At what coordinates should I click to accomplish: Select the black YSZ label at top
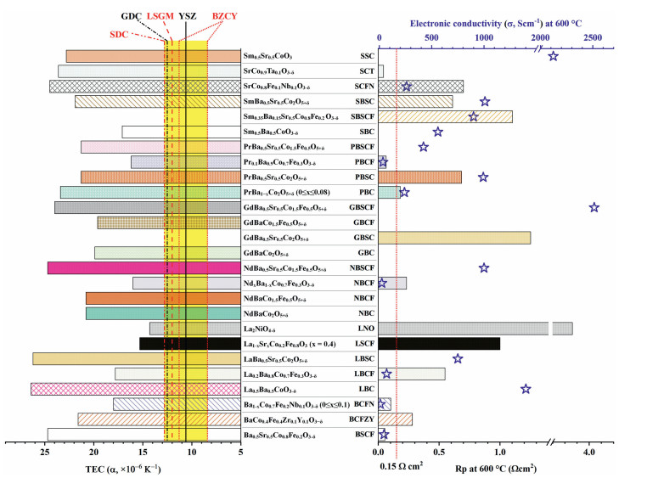(x=187, y=16)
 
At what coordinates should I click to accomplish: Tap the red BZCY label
(x=223, y=16)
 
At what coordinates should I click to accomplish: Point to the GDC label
(x=132, y=16)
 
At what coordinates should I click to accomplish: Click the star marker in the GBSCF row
(x=594, y=207)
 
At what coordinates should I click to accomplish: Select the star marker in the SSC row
(x=553, y=56)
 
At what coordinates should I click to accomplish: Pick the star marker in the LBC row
(x=526, y=389)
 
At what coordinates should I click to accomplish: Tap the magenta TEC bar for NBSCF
(x=127, y=267)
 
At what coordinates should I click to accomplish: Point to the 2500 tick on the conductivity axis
(x=593, y=38)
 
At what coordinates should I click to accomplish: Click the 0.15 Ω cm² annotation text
(x=400, y=466)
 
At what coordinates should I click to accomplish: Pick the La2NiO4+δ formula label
(x=267, y=328)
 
